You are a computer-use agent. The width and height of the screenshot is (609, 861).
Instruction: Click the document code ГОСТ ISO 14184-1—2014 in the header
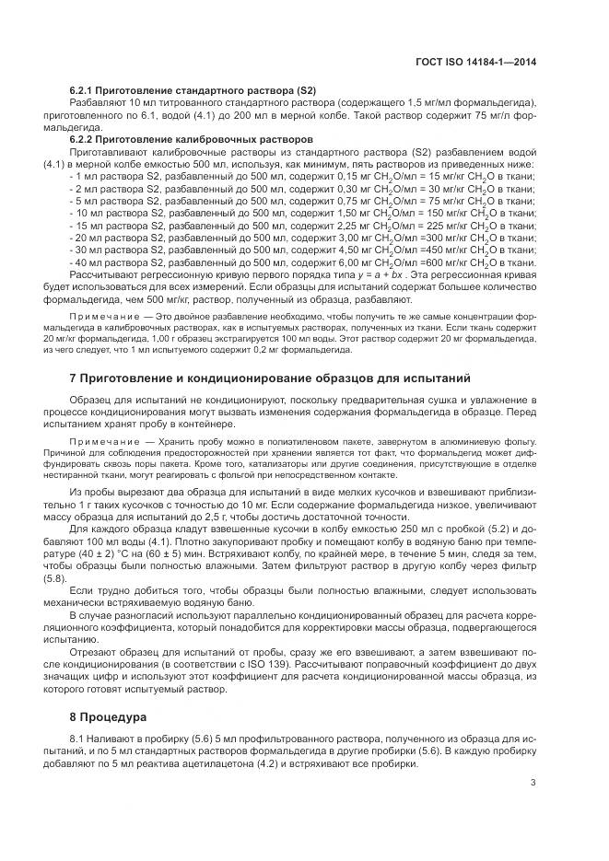point(476,63)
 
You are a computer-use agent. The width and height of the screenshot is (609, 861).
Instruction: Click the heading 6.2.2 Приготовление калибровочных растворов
point(191,139)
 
